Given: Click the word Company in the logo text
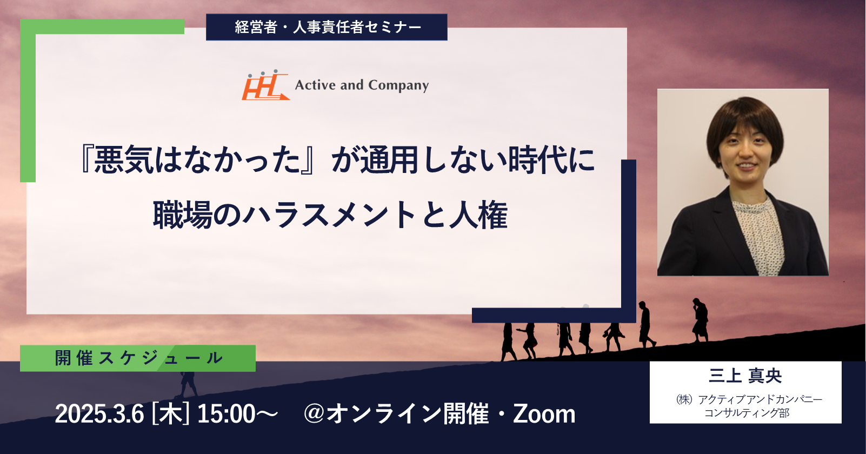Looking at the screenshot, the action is point(398,85).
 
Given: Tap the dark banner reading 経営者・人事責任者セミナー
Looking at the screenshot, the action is point(327,27).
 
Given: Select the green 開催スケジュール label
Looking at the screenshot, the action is point(138,358).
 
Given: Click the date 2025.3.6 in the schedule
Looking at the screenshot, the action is point(99,414).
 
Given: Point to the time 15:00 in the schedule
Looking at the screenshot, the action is point(227,414).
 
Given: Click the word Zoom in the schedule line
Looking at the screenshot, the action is point(544,414).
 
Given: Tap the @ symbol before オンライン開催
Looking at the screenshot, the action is point(315,413).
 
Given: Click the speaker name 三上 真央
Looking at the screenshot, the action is point(745,376).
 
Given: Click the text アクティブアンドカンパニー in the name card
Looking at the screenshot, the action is point(760,399).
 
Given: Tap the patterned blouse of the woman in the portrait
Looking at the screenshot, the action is point(758,232).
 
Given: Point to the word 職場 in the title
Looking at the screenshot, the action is point(183,215).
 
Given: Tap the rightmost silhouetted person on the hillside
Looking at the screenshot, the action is point(700,320).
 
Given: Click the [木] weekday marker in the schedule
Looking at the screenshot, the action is point(170,414).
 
